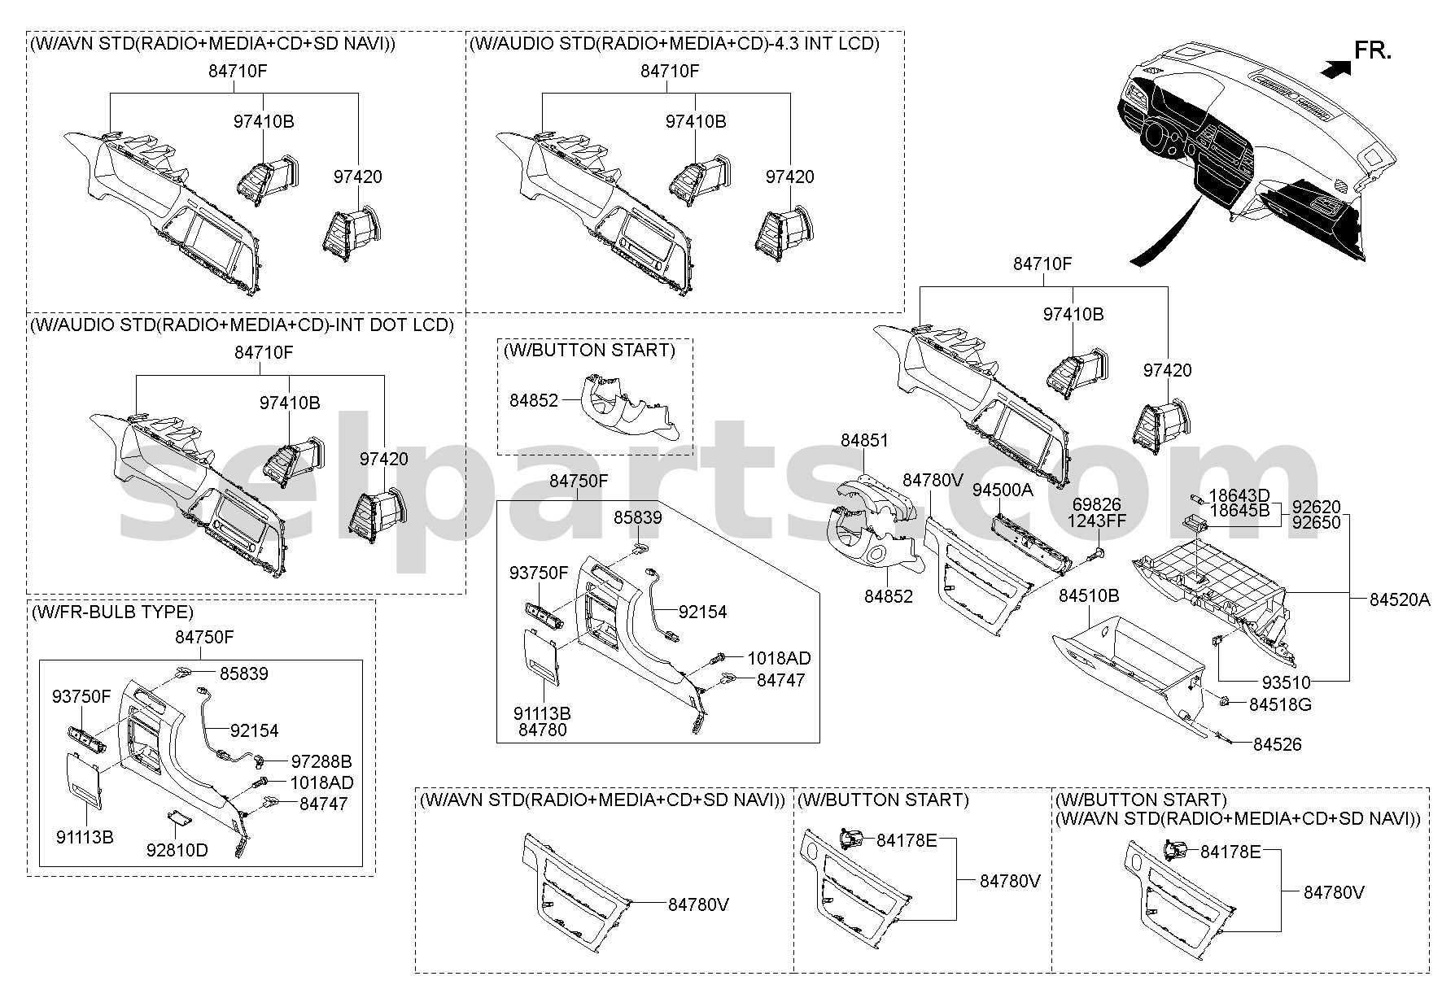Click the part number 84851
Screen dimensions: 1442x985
tap(864, 441)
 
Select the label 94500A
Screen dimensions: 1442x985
tap(1003, 490)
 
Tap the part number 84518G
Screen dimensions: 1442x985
tap(1280, 704)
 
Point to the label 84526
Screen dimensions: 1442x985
tap(1277, 744)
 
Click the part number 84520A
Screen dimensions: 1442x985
tap(1400, 599)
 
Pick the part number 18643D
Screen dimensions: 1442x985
tap(1239, 495)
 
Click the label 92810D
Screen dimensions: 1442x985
tap(177, 851)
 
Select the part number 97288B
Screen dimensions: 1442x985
tap(321, 762)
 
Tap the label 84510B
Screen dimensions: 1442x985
tap(1089, 596)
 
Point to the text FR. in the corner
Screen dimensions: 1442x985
tap(1373, 51)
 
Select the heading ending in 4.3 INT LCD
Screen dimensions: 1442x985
tap(675, 44)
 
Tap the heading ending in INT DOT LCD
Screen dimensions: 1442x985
tap(242, 325)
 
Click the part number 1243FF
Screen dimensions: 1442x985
tap(1096, 521)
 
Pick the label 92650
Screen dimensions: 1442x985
tap(1316, 524)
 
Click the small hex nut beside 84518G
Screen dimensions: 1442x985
tap(1224, 700)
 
